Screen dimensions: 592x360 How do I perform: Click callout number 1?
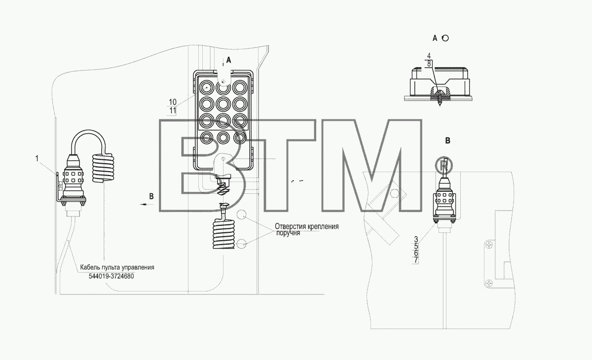pos(37,158)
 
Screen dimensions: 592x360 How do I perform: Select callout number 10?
pos(173,102)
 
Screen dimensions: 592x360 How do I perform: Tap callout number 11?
pos(173,110)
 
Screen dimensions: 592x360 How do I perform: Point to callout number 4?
pos(429,56)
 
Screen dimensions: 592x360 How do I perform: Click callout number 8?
pos(429,64)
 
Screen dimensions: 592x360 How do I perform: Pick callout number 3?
pos(416,240)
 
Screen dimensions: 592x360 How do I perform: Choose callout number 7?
pos(416,260)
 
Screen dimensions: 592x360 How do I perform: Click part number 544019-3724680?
pos(111,276)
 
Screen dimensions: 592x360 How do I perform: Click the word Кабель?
pos(90,267)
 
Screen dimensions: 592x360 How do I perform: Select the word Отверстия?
pos(291,226)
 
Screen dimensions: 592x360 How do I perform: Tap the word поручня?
pos(288,233)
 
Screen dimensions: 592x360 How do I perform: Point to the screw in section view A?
pos(439,98)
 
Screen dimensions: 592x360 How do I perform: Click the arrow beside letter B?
pos(147,205)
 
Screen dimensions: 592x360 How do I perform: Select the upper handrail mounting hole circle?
pos(241,214)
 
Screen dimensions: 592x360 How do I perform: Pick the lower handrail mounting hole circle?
pos(241,244)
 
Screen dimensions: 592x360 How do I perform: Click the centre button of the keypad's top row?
pos(223,87)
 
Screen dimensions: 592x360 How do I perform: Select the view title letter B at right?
pos(447,141)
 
